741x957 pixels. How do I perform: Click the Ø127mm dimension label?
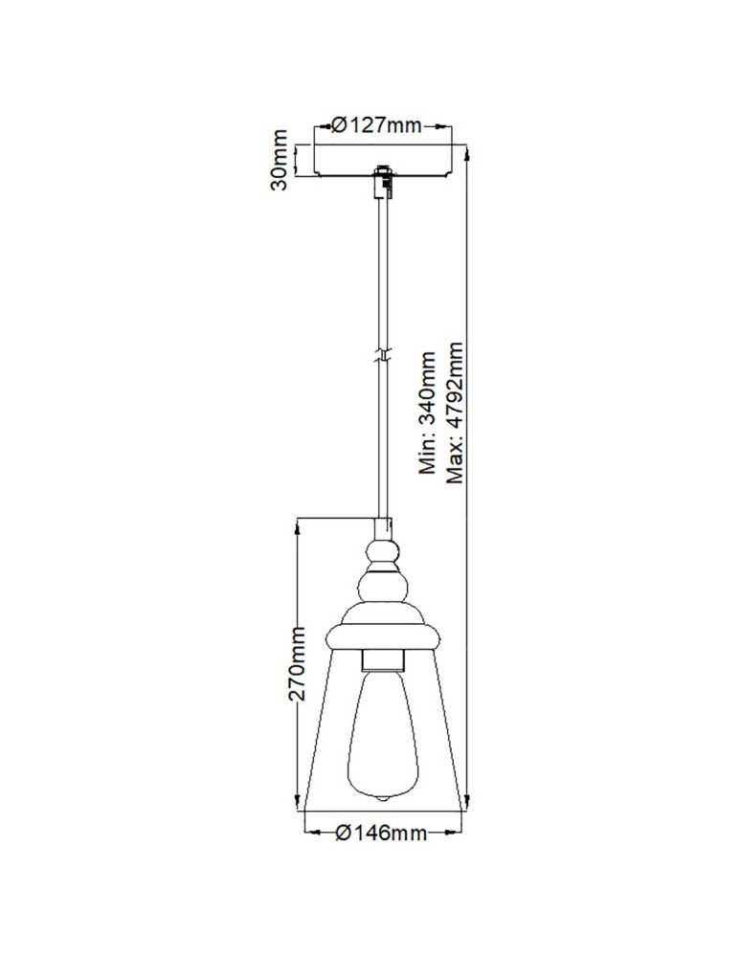pos(375,125)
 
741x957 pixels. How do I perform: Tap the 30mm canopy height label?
pos(280,160)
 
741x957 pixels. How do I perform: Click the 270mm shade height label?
pos(298,663)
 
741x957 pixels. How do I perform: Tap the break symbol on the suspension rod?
pos(383,355)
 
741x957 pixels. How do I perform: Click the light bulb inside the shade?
pos(383,727)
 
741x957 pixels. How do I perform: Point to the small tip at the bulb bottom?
pos(383,799)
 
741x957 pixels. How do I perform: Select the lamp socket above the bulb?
pos(383,660)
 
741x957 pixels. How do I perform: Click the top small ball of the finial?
pos(383,552)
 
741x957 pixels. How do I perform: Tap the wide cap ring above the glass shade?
pos(383,635)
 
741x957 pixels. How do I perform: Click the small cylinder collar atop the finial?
pos(383,527)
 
